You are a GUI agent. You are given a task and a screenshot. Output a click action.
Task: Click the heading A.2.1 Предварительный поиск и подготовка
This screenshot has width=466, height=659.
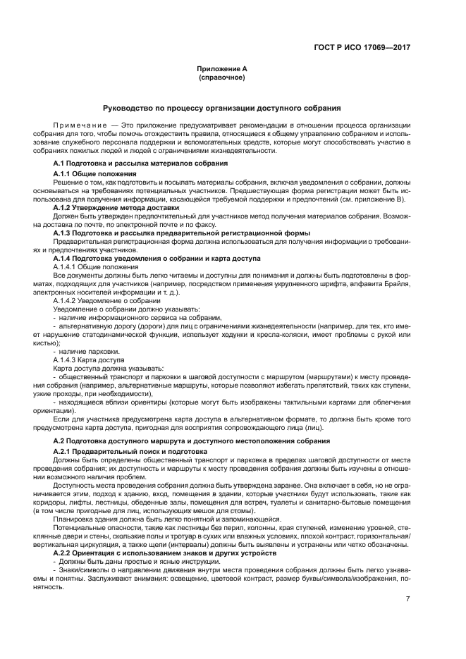pyautogui.click(x=130, y=450)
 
